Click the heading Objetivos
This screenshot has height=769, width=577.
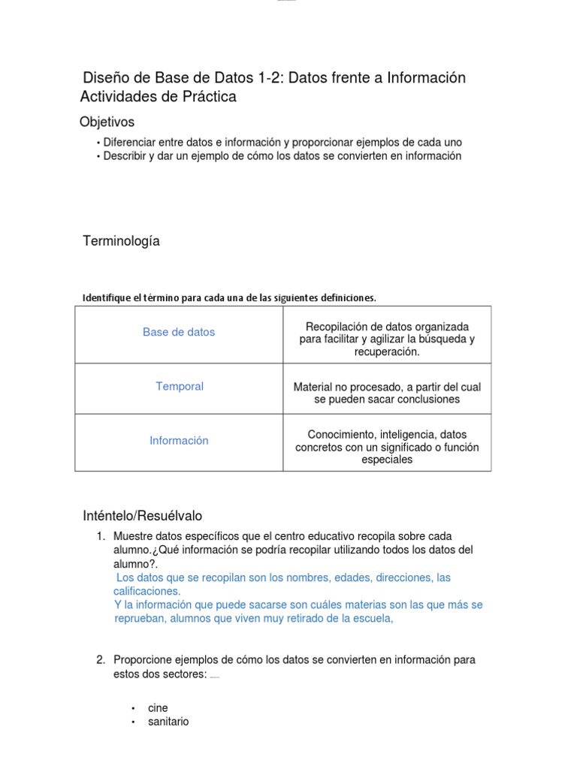point(107,122)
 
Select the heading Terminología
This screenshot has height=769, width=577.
point(121,241)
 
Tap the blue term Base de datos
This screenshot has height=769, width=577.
point(179,332)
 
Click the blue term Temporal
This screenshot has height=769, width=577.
point(180,386)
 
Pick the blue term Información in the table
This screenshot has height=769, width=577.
point(179,441)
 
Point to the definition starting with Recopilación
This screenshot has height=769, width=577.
point(387,339)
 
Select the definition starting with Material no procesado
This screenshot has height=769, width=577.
point(387,393)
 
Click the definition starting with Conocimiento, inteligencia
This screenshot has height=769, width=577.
point(387,447)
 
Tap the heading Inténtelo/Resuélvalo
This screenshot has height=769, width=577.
point(142,516)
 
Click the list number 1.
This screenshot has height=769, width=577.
point(100,536)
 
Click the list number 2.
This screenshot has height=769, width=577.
point(100,659)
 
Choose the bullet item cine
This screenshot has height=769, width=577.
point(158,707)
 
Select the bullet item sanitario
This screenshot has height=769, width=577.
point(168,721)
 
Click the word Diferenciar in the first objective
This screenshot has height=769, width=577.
point(131,142)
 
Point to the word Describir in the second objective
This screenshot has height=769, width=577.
point(126,156)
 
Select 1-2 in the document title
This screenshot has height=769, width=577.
point(269,78)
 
